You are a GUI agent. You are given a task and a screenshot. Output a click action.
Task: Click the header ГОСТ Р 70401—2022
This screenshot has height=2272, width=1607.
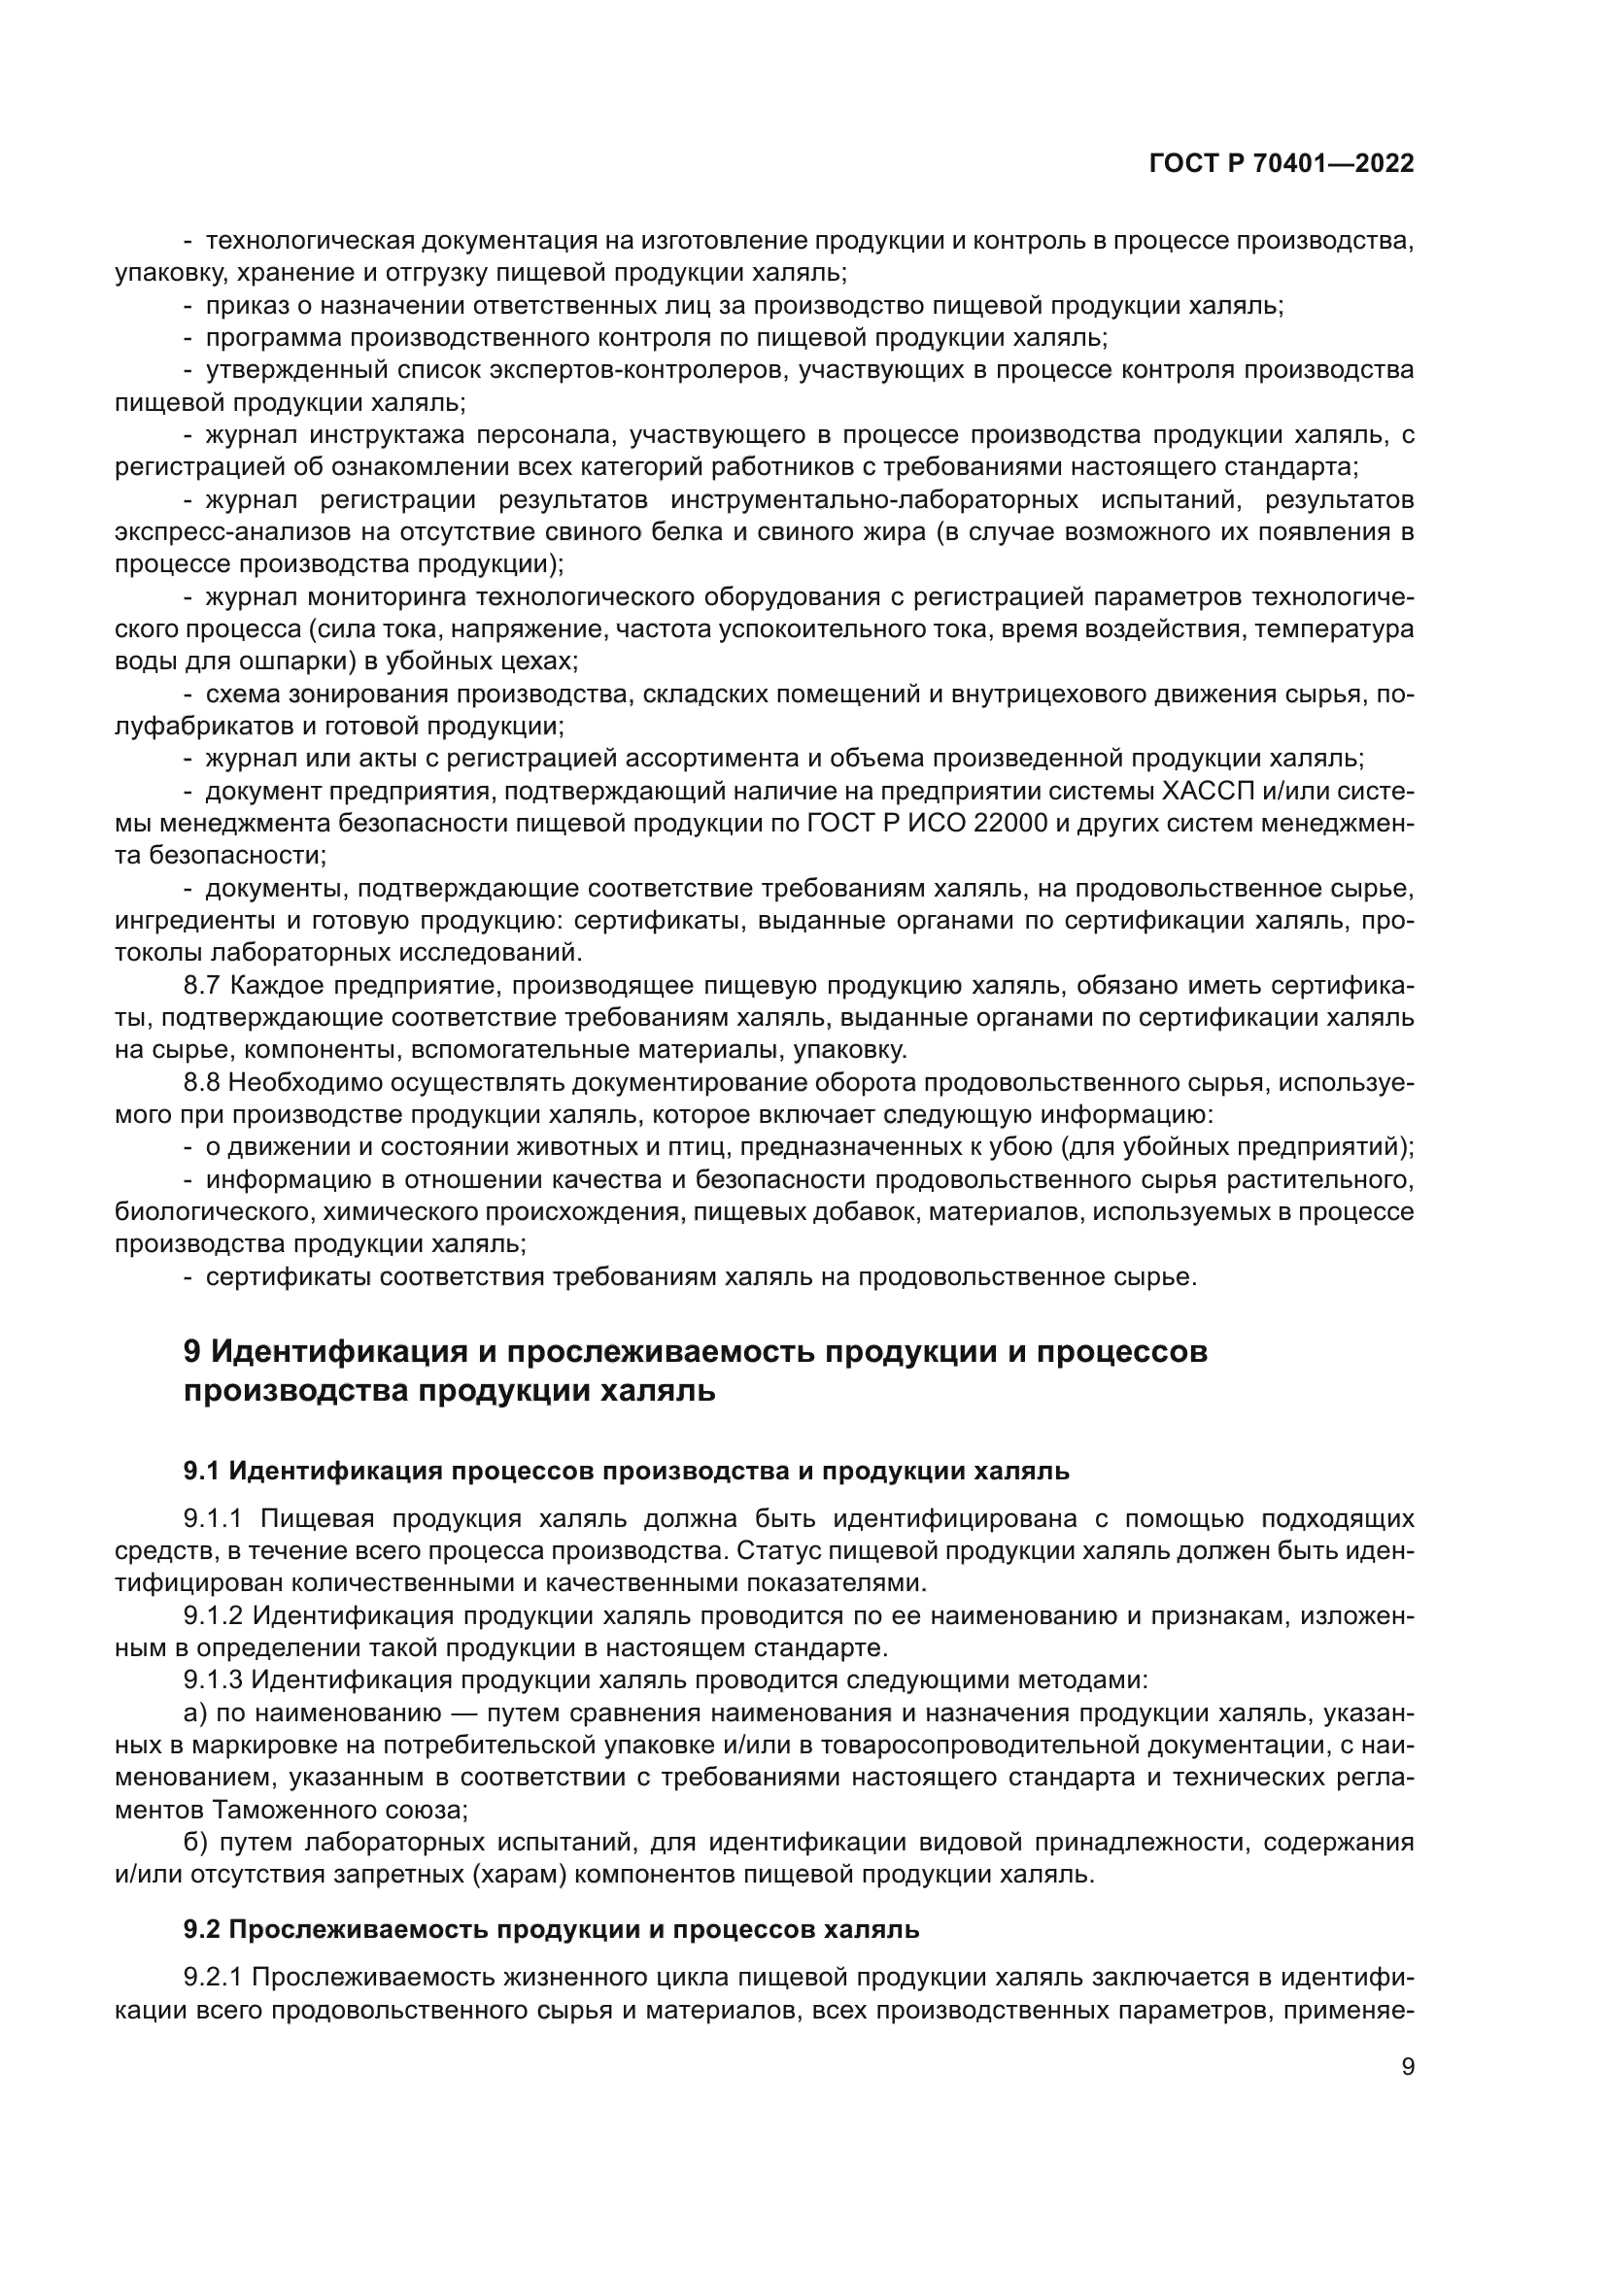[1281, 164]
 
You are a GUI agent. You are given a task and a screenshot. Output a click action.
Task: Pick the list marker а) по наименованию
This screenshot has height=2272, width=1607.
[194, 1712]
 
